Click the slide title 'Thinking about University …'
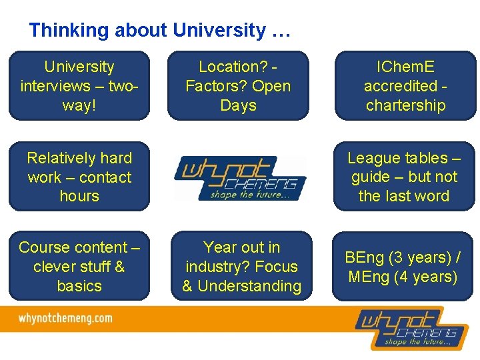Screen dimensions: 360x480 click(x=160, y=31)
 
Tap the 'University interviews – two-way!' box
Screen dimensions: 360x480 click(x=79, y=86)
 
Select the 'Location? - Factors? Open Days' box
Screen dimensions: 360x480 click(x=238, y=86)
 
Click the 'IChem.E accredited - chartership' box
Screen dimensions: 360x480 click(x=405, y=86)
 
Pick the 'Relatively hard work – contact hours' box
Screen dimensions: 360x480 click(x=79, y=177)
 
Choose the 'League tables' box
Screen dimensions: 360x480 click(x=404, y=177)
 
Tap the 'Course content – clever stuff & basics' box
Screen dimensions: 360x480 click(x=79, y=267)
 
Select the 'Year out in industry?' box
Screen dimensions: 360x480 click(x=241, y=267)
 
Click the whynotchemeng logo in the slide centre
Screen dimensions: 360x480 click(x=241, y=177)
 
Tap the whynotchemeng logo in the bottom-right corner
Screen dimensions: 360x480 click(x=406, y=327)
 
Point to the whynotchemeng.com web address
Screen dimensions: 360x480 click(x=65, y=319)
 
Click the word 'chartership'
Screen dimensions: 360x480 click(x=405, y=105)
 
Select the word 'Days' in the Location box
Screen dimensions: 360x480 click(x=238, y=105)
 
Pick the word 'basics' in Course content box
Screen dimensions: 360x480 click(x=79, y=286)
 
